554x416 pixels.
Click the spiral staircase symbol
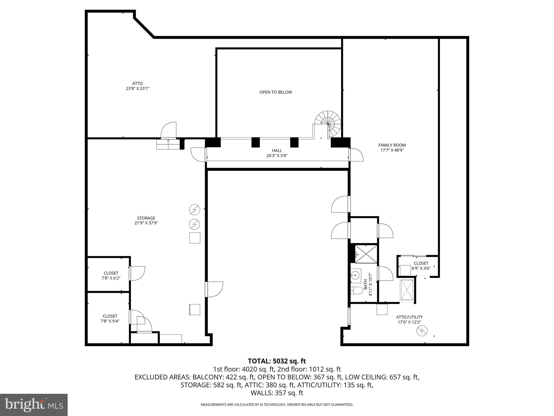point(328,123)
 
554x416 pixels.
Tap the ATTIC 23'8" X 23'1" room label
point(138,86)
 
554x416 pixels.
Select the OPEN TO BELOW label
point(275,92)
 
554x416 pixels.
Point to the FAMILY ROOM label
point(392,148)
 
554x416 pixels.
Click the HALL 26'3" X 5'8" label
point(277,153)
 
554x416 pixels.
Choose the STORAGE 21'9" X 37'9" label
point(146,220)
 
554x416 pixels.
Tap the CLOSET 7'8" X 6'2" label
point(111,275)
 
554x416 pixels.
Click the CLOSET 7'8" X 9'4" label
point(110,318)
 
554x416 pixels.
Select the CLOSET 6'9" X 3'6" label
point(421,265)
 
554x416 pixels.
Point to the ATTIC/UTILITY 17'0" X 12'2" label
point(409,319)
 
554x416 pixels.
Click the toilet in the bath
point(357,291)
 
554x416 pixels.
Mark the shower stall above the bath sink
point(366,254)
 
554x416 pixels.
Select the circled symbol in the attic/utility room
point(422,331)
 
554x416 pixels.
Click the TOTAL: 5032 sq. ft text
point(277,361)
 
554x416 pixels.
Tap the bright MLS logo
point(34,405)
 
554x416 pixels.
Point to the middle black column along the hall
point(255,142)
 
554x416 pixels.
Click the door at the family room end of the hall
point(355,155)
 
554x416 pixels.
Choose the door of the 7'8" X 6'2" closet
point(137,273)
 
